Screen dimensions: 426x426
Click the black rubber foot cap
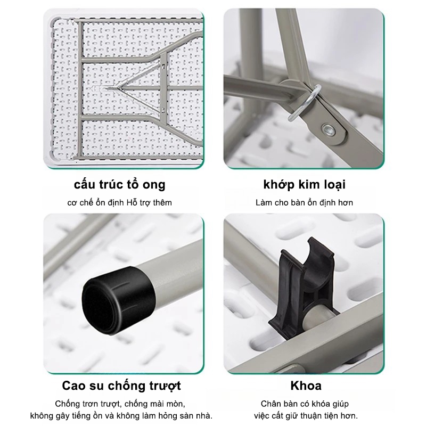pyautogui.click(x=119, y=300)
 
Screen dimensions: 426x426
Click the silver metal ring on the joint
pyautogui.click(x=304, y=103)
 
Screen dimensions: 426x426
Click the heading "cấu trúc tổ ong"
pyautogui.click(x=119, y=185)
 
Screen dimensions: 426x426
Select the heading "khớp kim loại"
pyautogui.click(x=304, y=185)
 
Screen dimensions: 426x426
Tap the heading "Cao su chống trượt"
pyautogui.click(x=121, y=386)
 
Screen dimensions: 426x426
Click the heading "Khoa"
pyautogui.click(x=306, y=386)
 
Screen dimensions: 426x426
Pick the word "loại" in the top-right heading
pyautogui.click(x=335, y=185)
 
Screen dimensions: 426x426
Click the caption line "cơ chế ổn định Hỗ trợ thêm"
pyautogui.click(x=119, y=203)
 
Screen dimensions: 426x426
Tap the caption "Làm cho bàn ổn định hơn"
pyautogui.click(x=304, y=203)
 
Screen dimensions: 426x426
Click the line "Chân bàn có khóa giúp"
pyautogui.click(x=305, y=404)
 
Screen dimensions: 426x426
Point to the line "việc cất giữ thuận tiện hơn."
pyautogui.click(x=306, y=416)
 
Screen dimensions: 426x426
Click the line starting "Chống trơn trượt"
pyautogui.click(x=120, y=404)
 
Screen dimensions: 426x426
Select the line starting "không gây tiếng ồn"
pyautogui.click(x=121, y=416)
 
